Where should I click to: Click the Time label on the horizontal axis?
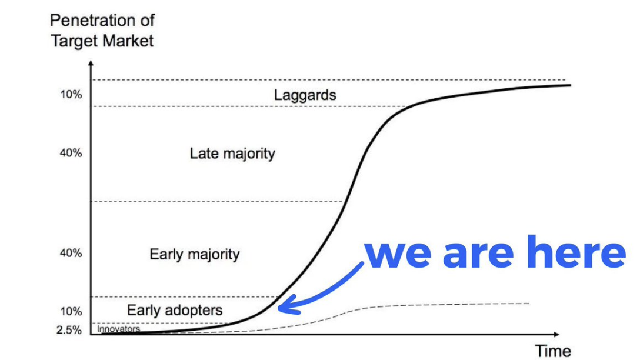[553, 351]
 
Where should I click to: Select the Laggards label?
[305, 95]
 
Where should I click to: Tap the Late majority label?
[232, 154]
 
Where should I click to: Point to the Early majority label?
[194, 254]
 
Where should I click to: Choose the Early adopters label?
[175, 310]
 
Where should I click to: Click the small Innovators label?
[118, 329]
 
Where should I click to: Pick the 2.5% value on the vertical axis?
[69, 330]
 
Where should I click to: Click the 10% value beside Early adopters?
[71, 311]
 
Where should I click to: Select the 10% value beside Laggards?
[71, 94]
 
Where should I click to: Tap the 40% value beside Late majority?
[71, 153]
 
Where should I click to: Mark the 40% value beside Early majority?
[71, 253]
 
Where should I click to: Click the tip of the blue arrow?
[279, 307]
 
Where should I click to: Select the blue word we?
[398, 254]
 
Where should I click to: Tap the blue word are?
[478, 254]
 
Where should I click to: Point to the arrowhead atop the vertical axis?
[91, 64]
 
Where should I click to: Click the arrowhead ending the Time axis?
[556, 334]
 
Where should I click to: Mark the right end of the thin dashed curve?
[529, 304]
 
